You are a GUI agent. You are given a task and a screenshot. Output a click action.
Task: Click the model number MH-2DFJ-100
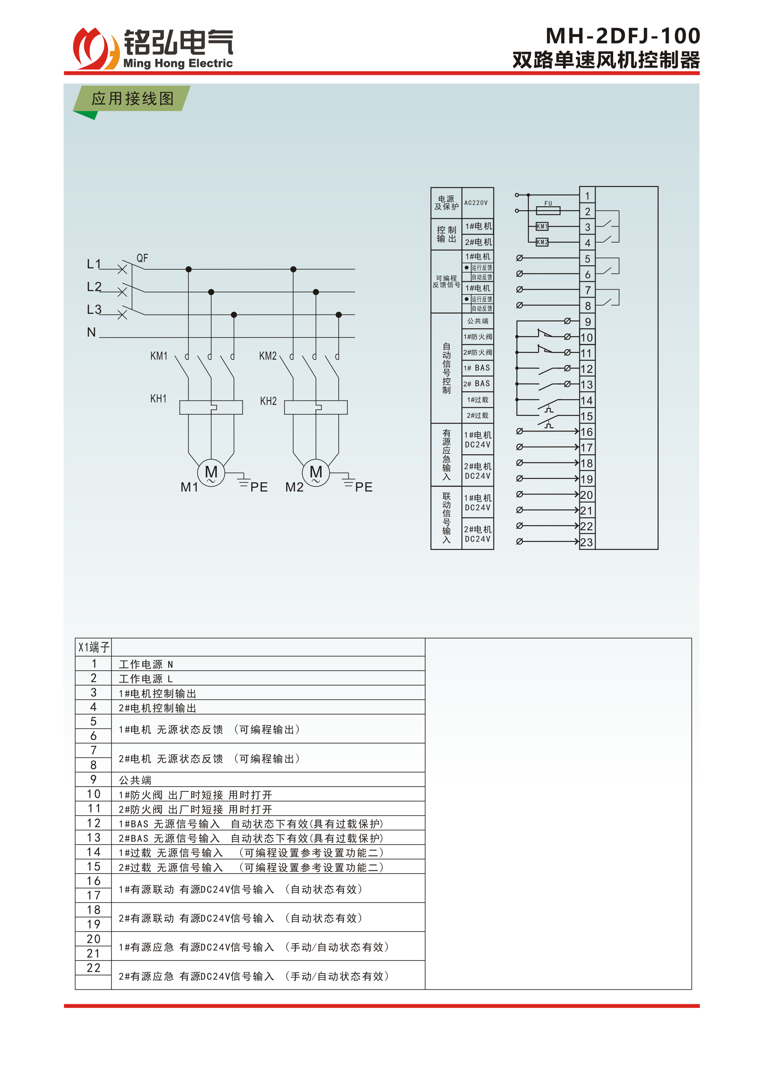pyautogui.click(x=622, y=36)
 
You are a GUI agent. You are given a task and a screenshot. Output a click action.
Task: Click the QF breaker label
pyautogui.click(x=142, y=258)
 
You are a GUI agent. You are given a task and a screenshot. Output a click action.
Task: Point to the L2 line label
pyautogui.click(x=94, y=287)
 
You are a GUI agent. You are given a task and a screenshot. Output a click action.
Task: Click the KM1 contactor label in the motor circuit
pyautogui.click(x=159, y=356)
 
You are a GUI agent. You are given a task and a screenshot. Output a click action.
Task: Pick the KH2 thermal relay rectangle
pyautogui.click(x=316, y=407)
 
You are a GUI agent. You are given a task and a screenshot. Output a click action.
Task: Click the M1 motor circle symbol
pyautogui.click(x=211, y=472)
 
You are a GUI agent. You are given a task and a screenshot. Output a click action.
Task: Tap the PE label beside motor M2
pyautogui.click(x=364, y=487)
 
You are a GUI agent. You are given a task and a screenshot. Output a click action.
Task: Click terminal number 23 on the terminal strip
pyautogui.click(x=586, y=542)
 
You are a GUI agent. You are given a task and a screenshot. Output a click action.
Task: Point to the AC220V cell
pyautogui.click(x=476, y=203)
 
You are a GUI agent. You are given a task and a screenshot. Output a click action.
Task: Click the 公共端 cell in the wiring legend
pyautogui.click(x=477, y=321)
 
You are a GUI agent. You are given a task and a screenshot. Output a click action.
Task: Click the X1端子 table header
pyautogui.click(x=94, y=647)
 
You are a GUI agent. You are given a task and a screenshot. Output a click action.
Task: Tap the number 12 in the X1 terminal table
pyautogui.click(x=94, y=823)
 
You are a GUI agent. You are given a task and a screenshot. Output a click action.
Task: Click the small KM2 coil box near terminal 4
pyautogui.click(x=542, y=242)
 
